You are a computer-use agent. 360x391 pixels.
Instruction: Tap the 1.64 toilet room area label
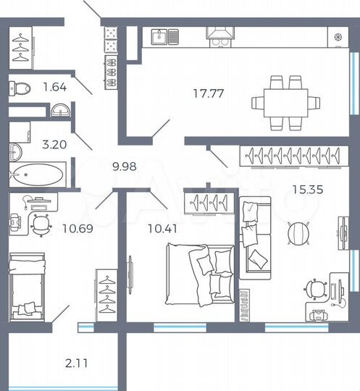54,88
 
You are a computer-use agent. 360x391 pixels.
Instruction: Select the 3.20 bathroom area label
54,143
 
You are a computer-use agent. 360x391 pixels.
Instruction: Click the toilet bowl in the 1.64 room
20,89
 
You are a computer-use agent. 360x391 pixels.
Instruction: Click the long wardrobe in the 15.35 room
290,155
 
